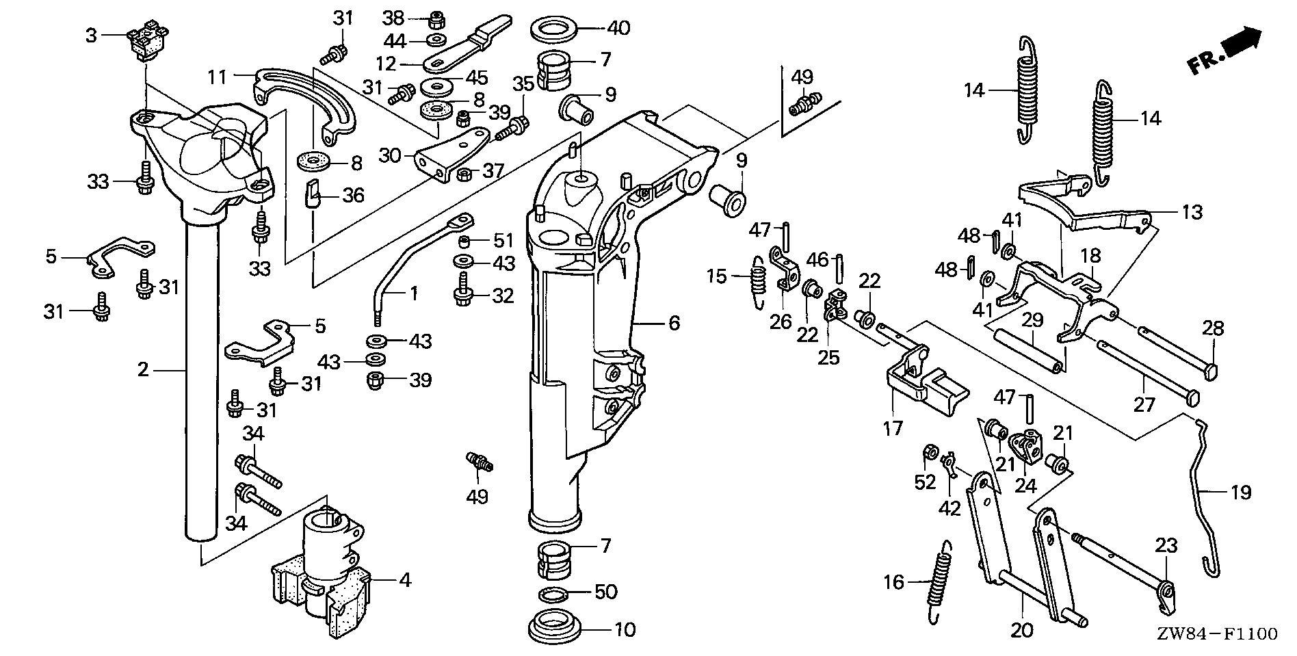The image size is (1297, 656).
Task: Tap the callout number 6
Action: pos(674,322)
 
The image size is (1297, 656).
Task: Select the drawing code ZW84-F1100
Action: pos(1216,634)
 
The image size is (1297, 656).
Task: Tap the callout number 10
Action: pos(625,629)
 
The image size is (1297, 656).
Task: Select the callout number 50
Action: pos(607,591)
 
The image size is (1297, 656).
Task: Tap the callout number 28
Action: pos(1213,328)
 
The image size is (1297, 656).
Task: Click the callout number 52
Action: pos(925,482)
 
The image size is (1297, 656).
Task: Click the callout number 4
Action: pos(405,580)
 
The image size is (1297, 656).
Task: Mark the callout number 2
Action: pos(142,370)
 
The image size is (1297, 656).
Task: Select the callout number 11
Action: pos(218,77)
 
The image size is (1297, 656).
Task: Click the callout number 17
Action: pos(893,428)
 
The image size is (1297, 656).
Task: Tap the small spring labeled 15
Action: pos(757,280)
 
